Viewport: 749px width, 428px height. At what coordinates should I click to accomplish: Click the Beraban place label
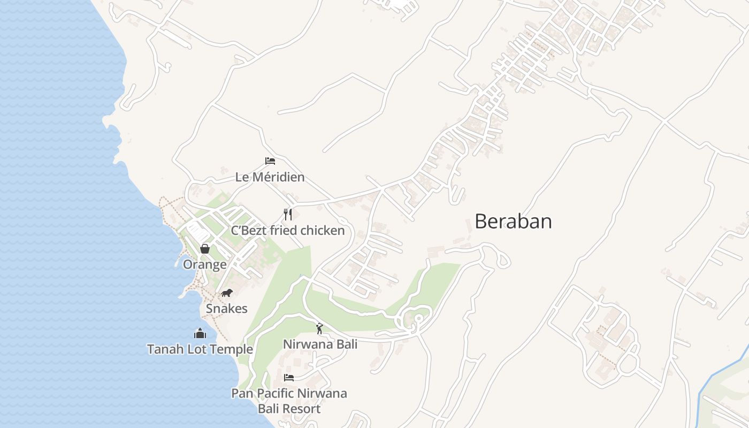coord(513,221)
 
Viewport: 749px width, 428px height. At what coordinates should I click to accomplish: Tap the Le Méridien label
coord(270,177)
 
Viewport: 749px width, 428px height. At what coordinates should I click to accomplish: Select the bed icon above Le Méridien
coord(270,161)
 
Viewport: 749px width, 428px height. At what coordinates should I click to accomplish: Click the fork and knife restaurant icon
coord(288,215)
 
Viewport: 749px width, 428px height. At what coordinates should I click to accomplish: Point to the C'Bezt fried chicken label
coord(288,231)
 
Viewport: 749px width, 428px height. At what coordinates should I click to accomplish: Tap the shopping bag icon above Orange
coord(204,249)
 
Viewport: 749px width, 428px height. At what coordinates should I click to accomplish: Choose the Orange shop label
coord(204,264)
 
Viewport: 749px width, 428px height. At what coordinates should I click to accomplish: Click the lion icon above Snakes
coord(227,293)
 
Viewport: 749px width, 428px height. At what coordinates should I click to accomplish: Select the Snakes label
coord(227,309)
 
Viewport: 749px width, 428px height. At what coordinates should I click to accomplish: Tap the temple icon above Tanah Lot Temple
coord(200,334)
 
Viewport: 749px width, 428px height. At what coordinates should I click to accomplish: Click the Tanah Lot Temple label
coord(200,349)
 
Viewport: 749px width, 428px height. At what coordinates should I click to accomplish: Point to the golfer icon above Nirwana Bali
coord(320,328)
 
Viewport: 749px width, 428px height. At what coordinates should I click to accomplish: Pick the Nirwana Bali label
coord(320,344)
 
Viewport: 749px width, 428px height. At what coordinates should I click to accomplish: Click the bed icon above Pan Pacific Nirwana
coord(289,378)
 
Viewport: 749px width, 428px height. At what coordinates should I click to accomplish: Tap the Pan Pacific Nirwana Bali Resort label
coord(289,401)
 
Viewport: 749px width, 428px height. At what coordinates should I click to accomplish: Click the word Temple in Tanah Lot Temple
coord(232,349)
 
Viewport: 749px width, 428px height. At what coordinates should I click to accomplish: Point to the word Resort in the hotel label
coord(303,409)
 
